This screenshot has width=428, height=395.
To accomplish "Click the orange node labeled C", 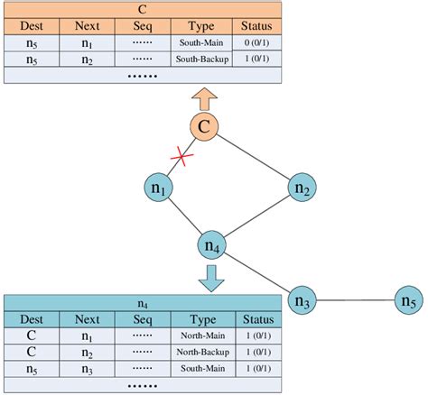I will (x=205, y=127).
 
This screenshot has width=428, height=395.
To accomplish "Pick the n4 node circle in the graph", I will (x=213, y=245).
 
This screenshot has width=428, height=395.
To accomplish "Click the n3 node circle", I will (x=302, y=300).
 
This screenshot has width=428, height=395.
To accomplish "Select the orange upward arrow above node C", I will (x=205, y=96).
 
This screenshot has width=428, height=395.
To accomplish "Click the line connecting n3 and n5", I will (x=356, y=300).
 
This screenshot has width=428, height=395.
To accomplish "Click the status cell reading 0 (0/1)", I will (x=256, y=42).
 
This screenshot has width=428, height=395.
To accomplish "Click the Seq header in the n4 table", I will (x=142, y=318).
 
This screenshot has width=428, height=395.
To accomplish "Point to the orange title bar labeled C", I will (x=142, y=9).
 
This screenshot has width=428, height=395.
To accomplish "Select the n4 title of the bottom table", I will (x=142, y=303).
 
